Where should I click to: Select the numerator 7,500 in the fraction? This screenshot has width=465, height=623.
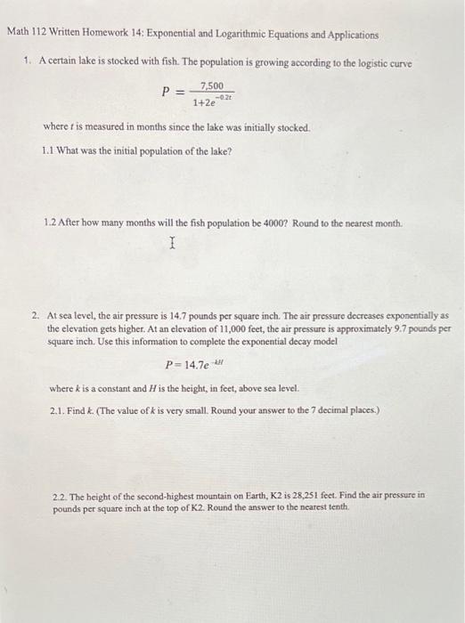point(212,86)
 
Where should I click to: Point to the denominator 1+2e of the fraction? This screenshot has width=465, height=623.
point(206,103)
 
